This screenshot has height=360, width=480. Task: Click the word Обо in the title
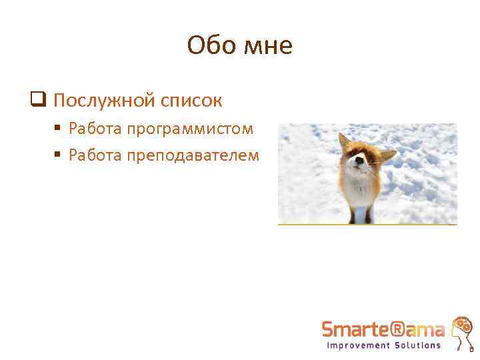click(x=209, y=46)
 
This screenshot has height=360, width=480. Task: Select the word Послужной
click(x=102, y=101)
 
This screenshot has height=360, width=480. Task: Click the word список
click(x=191, y=101)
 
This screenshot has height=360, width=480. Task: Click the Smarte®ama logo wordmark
click(x=383, y=329)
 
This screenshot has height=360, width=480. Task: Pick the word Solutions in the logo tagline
click(x=417, y=345)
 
